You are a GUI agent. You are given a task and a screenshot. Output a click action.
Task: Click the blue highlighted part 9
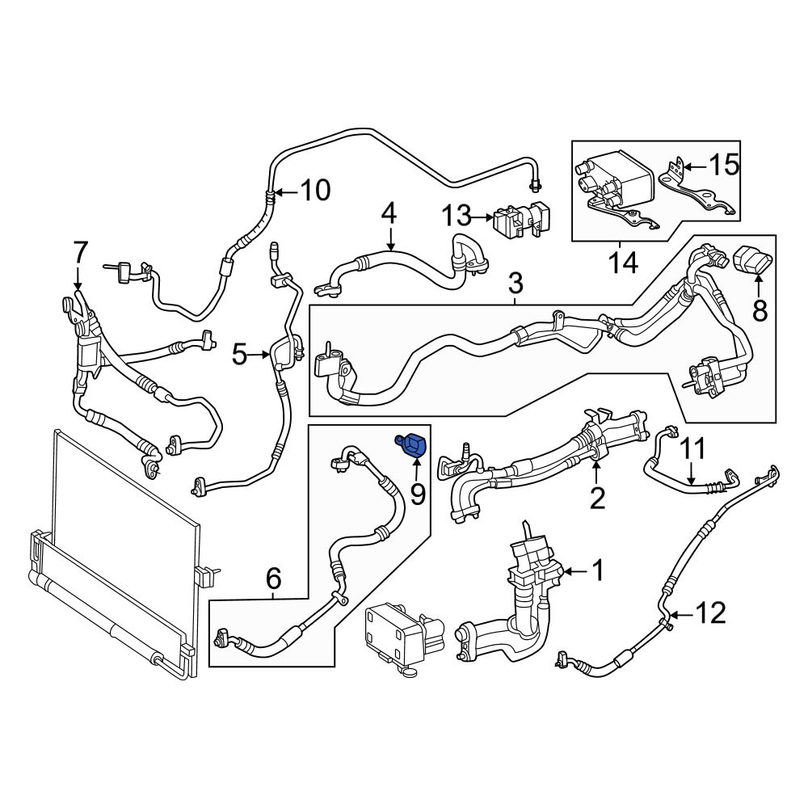tap(410, 444)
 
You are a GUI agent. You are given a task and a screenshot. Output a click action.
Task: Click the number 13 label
tap(457, 216)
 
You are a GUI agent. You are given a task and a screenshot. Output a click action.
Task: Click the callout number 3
tap(516, 284)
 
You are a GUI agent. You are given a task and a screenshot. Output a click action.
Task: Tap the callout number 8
tap(760, 311)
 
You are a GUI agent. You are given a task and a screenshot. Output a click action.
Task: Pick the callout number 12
tap(711, 613)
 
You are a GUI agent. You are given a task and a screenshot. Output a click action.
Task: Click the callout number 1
tap(598, 570)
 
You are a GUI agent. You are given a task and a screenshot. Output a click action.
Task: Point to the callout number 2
tap(597, 498)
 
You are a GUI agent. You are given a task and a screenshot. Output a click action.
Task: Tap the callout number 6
tap(274, 579)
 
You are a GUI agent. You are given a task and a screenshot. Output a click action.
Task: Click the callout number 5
tap(240, 355)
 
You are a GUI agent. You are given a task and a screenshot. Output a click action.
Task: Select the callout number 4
tap(389, 213)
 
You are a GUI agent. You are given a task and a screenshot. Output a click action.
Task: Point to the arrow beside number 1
tap(576, 571)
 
